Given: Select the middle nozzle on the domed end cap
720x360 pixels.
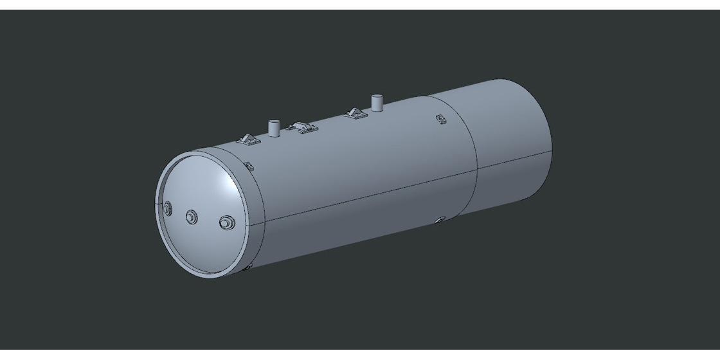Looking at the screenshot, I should (x=192, y=217).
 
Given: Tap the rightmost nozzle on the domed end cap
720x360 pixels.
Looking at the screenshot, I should (x=226, y=223).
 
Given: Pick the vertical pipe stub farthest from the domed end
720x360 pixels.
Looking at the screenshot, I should (x=377, y=103).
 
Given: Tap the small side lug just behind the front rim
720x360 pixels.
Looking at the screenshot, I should (x=249, y=167).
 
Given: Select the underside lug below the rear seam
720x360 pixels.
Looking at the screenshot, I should (x=439, y=221).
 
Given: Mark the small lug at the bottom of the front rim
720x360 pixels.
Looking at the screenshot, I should (x=248, y=265).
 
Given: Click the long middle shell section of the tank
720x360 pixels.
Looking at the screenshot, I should (x=360, y=174).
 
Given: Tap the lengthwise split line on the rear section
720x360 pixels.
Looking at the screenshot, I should (x=514, y=159).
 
